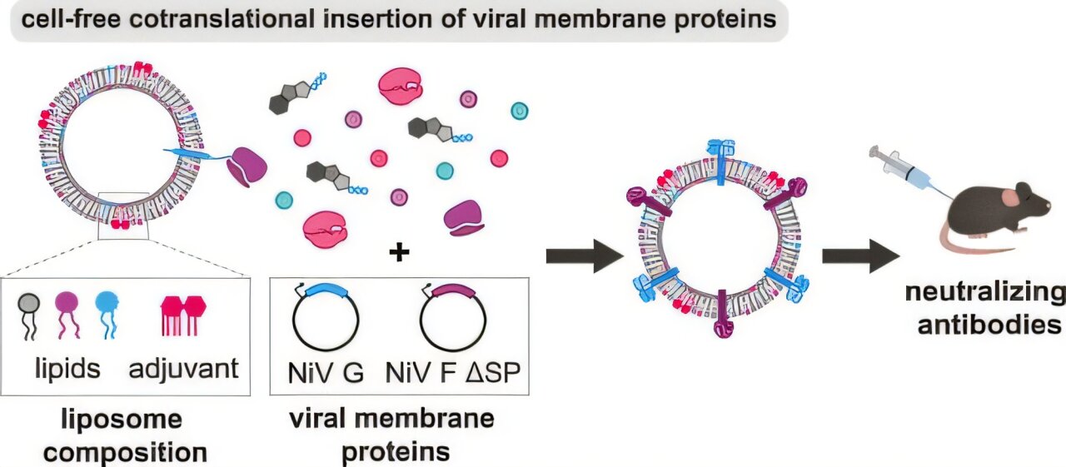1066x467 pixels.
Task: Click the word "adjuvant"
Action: click(184, 368)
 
